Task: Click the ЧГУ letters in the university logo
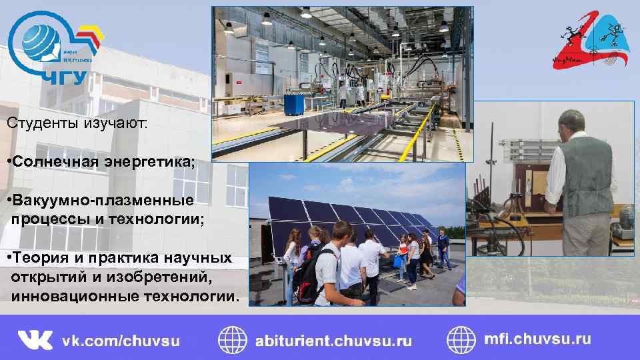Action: (x=65, y=77)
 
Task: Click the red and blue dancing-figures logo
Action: (x=587, y=40)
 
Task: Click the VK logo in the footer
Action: (x=35, y=340)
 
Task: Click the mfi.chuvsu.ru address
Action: (x=537, y=339)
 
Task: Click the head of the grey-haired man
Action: (x=573, y=124)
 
